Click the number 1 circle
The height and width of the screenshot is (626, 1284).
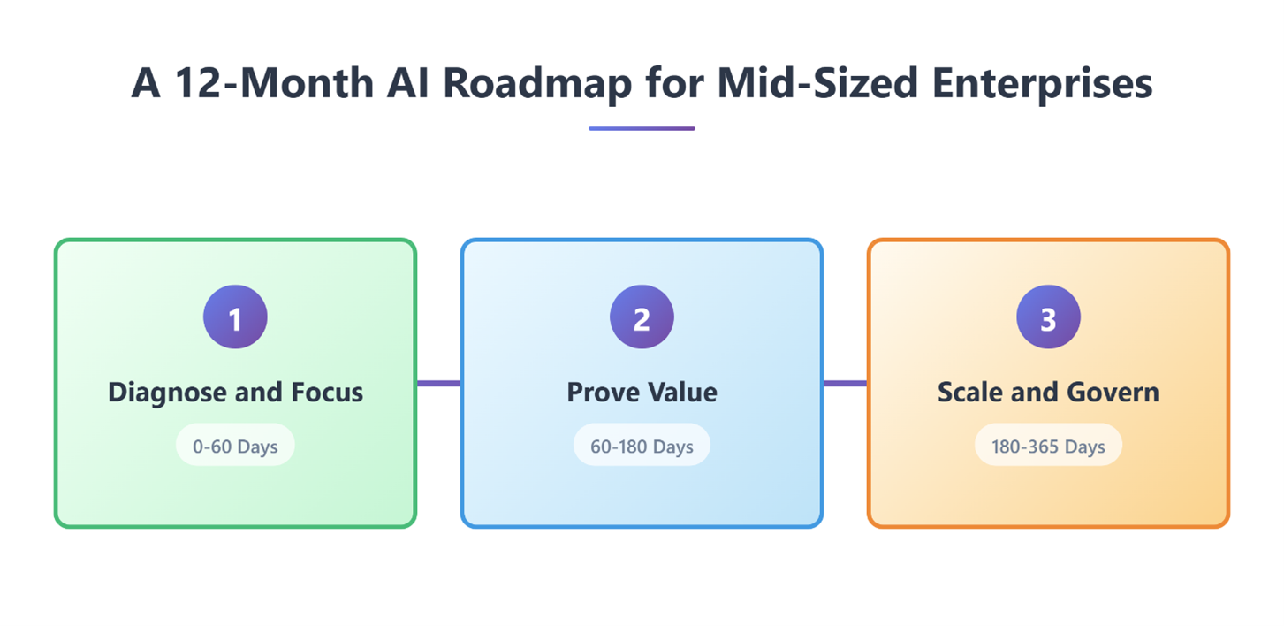click(x=235, y=317)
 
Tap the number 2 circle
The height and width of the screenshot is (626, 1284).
click(x=642, y=317)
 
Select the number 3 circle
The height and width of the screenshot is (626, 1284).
click(x=1048, y=317)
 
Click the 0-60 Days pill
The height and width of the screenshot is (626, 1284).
click(x=235, y=446)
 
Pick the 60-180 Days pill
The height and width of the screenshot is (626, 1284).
click(x=642, y=446)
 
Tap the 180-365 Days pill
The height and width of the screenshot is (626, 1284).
click(x=1048, y=446)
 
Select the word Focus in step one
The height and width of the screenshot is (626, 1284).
click(x=327, y=392)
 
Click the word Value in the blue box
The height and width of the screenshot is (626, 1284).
click(x=681, y=392)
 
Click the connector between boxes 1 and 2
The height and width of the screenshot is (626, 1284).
click(x=438, y=383)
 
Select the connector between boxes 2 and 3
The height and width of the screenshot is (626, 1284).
click(x=845, y=383)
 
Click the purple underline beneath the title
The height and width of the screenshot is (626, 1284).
click(x=642, y=128)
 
